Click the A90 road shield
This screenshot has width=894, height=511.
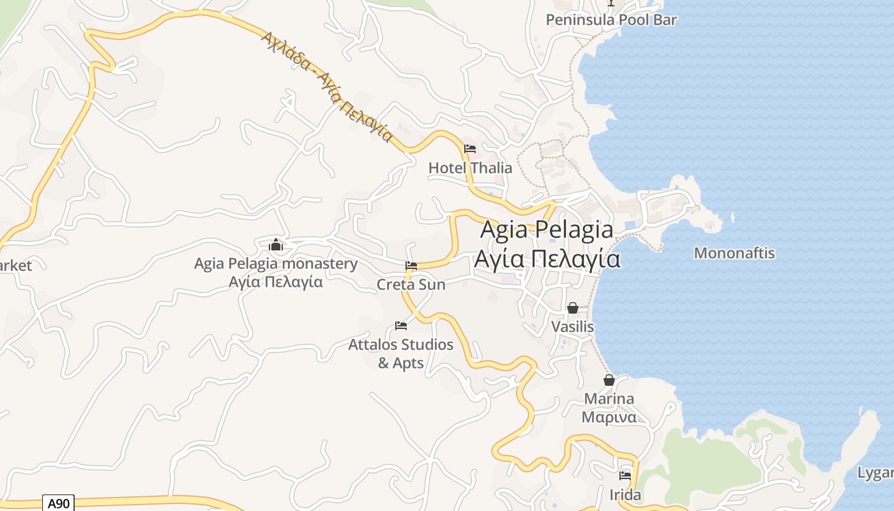click(58, 503)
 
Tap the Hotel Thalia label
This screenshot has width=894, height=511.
click(470, 168)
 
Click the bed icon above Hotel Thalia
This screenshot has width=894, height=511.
click(470, 149)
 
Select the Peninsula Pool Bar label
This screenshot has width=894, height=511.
click(611, 20)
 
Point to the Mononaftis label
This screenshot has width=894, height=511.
click(734, 253)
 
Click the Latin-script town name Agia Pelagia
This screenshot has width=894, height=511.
click(547, 229)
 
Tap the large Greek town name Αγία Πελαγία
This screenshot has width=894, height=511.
click(547, 259)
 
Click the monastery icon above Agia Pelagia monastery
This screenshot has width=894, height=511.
click(276, 245)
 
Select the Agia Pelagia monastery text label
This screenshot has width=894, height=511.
click(276, 264)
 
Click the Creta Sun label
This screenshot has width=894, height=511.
click(411, 284)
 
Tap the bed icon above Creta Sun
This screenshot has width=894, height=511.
click(411, 266)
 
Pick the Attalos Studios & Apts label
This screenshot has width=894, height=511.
click(401, 353)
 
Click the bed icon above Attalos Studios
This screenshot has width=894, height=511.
click(401, 326)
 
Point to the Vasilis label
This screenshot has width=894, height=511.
click(573, 327)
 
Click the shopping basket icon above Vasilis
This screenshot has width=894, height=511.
click(573, 308)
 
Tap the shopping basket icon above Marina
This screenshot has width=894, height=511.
click(609, 380)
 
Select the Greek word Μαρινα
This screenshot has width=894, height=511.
click(609, 418)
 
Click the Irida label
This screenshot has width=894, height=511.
click(625, 495)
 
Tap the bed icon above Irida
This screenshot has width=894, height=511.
click(625, 476)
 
